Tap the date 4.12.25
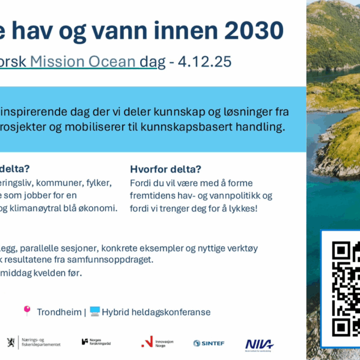(x=205, y=62)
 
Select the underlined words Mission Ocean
(x=83, y=62)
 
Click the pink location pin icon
(x=27, y=310)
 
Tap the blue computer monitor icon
(x=94, y=311)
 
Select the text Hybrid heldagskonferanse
(x=156, y=312)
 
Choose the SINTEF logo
(x=209, y=343)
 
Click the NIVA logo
(x=259, y=344)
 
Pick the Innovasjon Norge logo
(x=157, y=342)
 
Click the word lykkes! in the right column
(x=242, y=208)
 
